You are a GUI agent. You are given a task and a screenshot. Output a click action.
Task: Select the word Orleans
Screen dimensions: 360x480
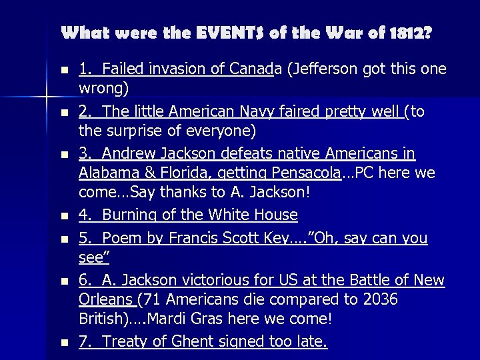(x=106, y=299)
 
